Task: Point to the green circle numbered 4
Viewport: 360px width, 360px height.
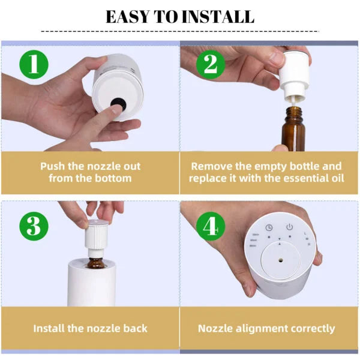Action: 209,226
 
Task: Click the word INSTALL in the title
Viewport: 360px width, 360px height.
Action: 220,16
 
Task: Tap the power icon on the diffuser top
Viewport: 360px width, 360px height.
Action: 289,227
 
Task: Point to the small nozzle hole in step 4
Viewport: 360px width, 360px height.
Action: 280,262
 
